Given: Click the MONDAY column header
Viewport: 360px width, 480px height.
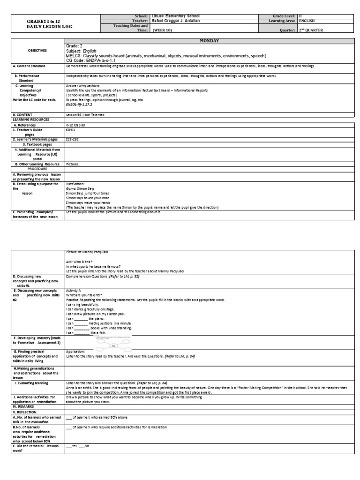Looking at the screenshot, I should tap(206, 41).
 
